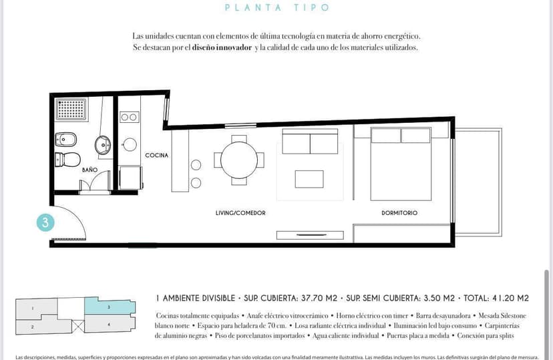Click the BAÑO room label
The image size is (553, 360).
89,170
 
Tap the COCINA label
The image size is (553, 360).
156,155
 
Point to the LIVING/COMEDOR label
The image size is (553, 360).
240,213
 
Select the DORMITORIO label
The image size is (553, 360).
399,213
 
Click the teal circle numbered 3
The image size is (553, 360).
45,223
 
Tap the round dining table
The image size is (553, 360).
239,160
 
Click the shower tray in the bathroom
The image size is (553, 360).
71,109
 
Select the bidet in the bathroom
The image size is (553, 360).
66,140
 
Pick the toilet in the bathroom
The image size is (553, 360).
67,160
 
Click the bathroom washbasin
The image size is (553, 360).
103,146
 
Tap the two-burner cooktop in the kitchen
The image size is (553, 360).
129,117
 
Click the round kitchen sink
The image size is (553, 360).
130,144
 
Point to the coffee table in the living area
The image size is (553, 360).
309,179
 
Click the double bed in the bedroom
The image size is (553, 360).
401,164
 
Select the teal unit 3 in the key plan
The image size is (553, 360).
110,306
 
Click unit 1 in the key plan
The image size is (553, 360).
35,309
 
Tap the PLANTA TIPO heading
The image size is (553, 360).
277,7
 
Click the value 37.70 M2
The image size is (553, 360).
319,299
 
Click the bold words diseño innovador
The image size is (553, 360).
222,47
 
